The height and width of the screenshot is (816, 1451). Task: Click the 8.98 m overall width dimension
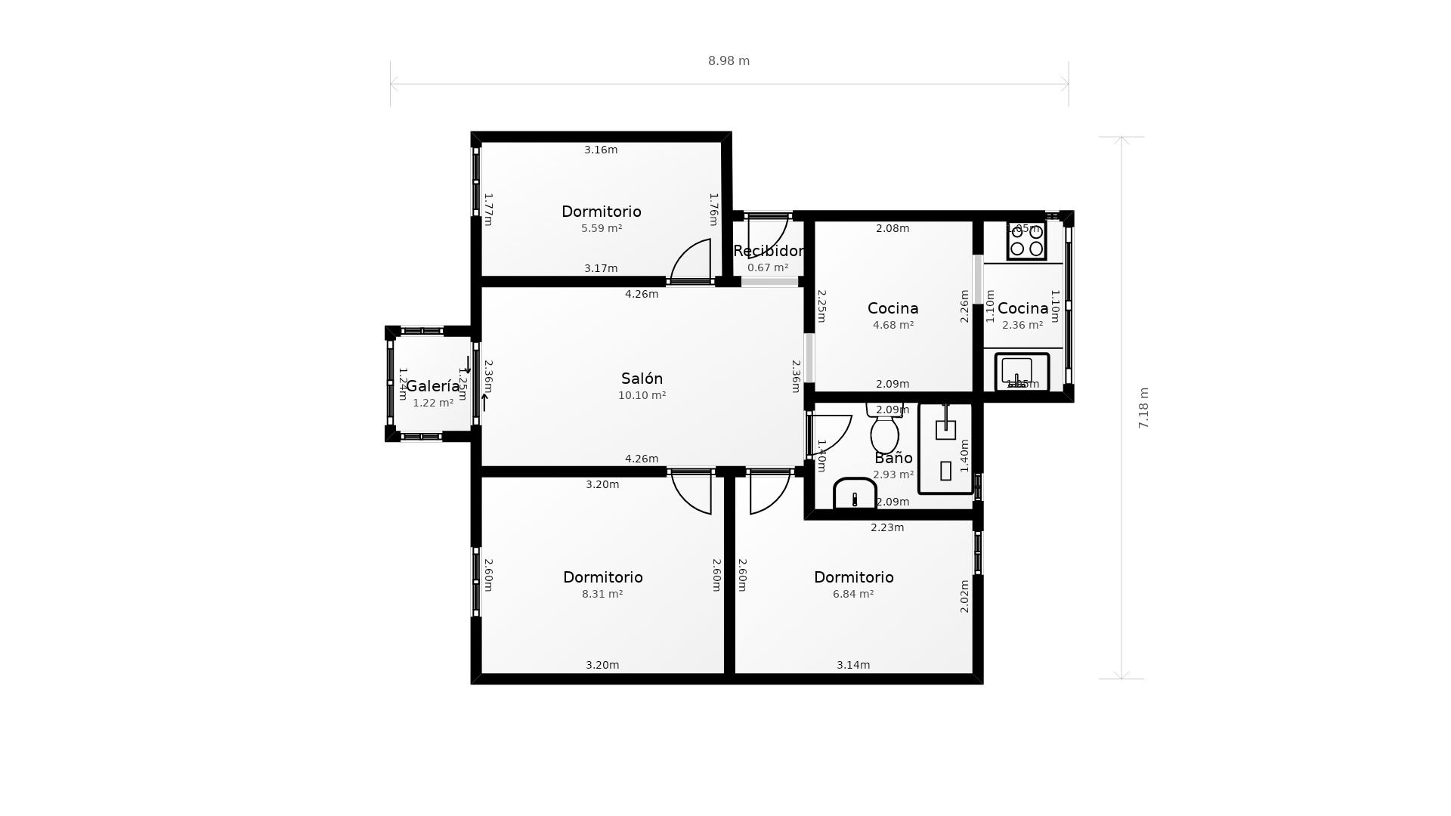pos(729,61)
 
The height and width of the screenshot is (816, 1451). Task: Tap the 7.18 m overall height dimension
pos(1143,408)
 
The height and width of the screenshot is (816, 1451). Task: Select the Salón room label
pos(642,379)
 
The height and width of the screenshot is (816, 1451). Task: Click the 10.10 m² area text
pos(642,395)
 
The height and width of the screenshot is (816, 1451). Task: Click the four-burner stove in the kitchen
pos(1026,240)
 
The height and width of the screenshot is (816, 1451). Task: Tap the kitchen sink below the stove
pos(1022,372)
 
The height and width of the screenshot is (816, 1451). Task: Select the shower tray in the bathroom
pos(945,449)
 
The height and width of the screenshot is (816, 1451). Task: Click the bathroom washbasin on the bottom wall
pos(855,494)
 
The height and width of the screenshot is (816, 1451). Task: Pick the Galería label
pos(433,386)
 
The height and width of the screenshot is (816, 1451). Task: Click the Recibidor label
pos(768,251)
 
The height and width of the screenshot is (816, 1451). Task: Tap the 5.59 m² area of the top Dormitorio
pos(602,228)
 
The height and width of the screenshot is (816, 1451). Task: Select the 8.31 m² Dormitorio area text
pos(602,594)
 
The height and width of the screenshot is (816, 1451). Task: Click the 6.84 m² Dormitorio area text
pos(853,594)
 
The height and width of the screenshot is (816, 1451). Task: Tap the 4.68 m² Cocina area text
pos(893,325)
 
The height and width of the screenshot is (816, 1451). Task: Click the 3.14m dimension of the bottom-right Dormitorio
pos(853,665)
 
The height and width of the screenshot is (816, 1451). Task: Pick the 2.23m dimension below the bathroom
pos(887,527)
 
